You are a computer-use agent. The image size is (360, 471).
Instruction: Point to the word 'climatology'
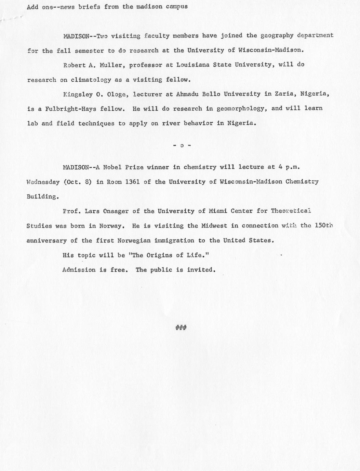coord(91,80)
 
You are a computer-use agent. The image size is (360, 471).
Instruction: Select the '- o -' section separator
coord(182,146)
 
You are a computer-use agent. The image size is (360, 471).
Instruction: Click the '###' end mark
coord(181,328)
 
